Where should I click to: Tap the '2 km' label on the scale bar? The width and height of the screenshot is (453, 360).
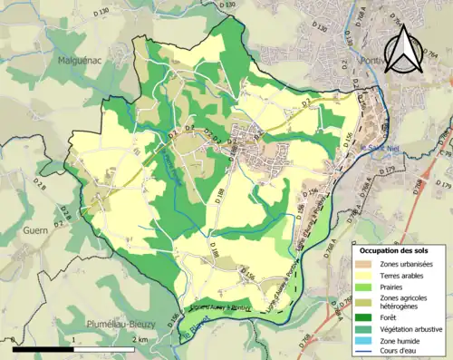click(140, 339)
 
